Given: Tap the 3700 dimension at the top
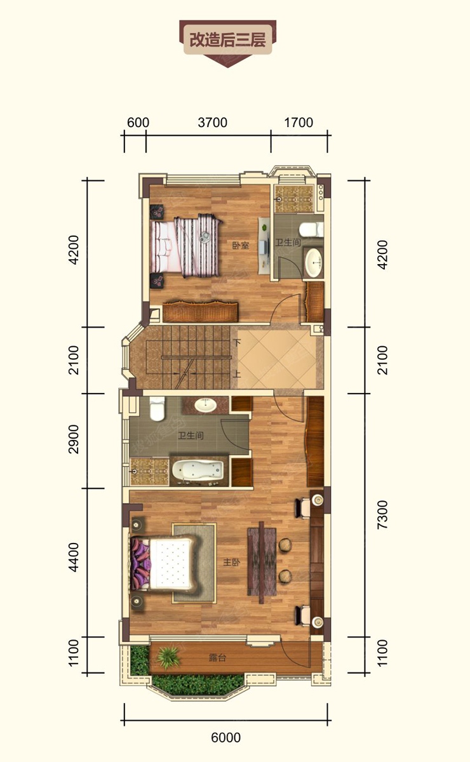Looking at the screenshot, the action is (x=213, y=123).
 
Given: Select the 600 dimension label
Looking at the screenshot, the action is (x=138, y=123).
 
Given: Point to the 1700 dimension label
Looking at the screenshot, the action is (x=299, y=123).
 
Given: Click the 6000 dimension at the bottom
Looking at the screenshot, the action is (x=226, y=737).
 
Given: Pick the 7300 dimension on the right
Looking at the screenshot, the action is (x=382, y=514).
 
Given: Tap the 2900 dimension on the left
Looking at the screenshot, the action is (x=74, y=439).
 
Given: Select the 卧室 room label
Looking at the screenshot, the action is (x=241, y=245).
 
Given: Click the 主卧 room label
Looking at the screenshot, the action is (x=232, y=563).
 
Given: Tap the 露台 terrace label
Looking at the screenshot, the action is (x=217, y=658).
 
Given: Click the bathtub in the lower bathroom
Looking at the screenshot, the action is (x=198, y=471).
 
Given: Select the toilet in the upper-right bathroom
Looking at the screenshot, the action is (x=311, y=229).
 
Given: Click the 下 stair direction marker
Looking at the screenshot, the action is (x=237, y=342).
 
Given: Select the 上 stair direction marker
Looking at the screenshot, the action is (x=237, y=374).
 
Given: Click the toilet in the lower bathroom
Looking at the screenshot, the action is (x=158, y=408).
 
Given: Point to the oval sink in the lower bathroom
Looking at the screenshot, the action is (x=206, y=405).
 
